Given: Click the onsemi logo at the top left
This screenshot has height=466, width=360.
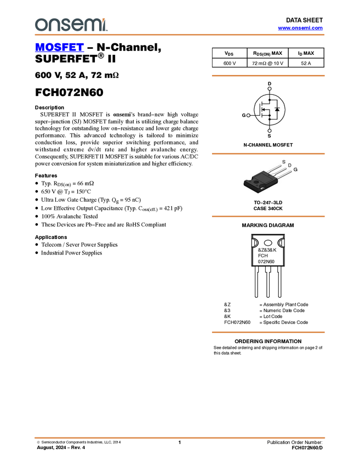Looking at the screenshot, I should [x=71, y=25].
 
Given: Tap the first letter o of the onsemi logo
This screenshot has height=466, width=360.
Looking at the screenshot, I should [x=40, y=25].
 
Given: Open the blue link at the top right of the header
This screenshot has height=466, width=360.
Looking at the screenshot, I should [x=300, y=28].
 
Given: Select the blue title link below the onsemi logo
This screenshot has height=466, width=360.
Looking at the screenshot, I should [x=59, y=48].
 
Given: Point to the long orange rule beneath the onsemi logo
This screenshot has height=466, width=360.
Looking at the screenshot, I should [x=179, y=35].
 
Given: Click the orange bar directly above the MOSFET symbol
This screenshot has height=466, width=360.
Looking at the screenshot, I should [x=268, y=76].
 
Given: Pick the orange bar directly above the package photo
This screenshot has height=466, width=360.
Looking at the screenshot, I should [x=268, y=154].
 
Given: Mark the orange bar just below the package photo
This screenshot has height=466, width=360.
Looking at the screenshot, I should [x=268, y=217].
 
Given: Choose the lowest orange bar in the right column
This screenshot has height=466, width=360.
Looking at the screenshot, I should [x=268, y=332].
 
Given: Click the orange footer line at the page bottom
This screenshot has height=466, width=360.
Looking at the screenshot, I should [x=179, y=438].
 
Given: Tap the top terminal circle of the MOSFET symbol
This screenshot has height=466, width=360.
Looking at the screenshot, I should [x=269, y=88].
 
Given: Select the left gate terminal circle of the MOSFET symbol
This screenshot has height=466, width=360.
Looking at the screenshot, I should [x=249, y=115].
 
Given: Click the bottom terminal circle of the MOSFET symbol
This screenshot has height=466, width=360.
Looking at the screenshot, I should [x=269, y=131].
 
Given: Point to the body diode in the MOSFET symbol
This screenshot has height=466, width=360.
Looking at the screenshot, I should [x=277, y=110].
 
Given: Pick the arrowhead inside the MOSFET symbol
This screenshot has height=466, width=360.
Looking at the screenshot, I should [x=264, y=110].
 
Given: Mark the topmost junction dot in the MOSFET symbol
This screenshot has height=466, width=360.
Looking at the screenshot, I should [x=269, y=100].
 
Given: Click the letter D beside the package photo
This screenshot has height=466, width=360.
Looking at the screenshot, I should [x=290, y=165].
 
